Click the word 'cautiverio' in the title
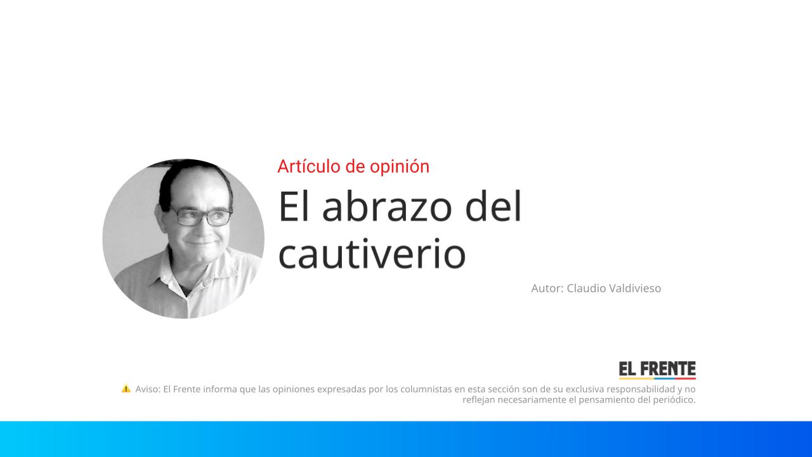[x=372, y=254]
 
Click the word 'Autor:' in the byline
[x=547, y=288]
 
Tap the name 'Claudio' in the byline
[x=586, y=288]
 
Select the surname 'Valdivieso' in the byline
[x=634, y=288]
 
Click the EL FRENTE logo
[x=657, y=370]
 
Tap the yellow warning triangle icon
[x=126, y=388]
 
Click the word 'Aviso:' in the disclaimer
[x=148, y=389]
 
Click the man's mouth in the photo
[x=201, y=242]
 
